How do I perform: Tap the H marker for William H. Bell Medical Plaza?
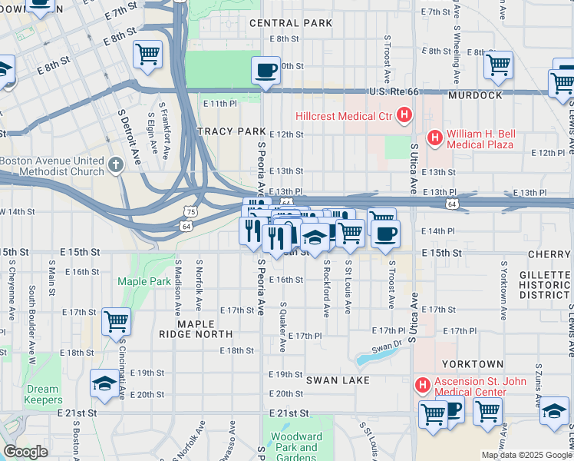coord(435,138)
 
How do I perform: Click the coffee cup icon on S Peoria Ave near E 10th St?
coord(266,71)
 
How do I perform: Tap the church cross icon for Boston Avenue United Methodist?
coord(115,164)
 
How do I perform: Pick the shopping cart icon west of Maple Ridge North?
coord(116,321)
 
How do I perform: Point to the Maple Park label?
coord(144,282)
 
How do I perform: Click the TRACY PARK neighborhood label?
coord(231,132)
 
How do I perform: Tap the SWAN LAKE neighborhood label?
coord(338,380)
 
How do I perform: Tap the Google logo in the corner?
coord(25,452)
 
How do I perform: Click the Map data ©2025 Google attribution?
coord(526,455)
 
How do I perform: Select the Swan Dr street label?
coord(388,346)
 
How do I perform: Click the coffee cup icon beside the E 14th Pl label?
coord(385,234)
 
